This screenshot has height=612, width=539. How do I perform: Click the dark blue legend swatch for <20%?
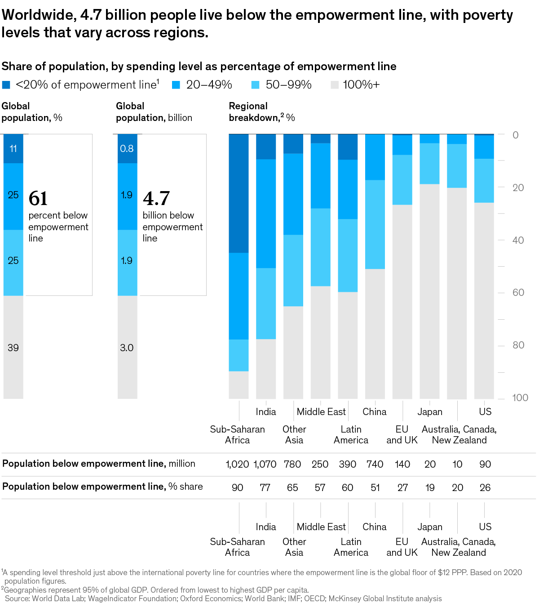[x=6, y=85]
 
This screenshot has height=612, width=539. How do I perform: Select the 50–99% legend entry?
[x=288, y=85]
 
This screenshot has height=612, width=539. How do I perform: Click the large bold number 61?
[x=38, y=198]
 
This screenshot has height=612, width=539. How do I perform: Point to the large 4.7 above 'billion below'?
[x=156, y=198]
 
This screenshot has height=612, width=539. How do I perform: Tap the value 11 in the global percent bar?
[x=13, y=149]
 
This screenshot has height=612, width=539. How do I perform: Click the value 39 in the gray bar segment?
[x=13, y=348]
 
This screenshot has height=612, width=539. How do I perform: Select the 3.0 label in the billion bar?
[x=127, y=348]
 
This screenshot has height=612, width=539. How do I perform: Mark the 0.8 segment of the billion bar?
[x=127, y=149]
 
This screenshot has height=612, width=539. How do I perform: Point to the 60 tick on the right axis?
[x=518, y=293]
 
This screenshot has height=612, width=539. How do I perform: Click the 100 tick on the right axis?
[x=520, y=398]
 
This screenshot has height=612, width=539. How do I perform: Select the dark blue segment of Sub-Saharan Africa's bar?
[x=239, y=193]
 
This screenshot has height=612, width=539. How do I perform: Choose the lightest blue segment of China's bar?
[x=375, y=224]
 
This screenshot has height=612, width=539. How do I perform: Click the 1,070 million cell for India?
[x=265, y=465]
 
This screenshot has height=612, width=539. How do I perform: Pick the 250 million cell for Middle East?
[x=320, y=465]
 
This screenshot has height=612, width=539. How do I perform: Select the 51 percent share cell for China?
[x=375, y=488]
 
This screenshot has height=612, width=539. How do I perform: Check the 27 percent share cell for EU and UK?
[x=402, y=488]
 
